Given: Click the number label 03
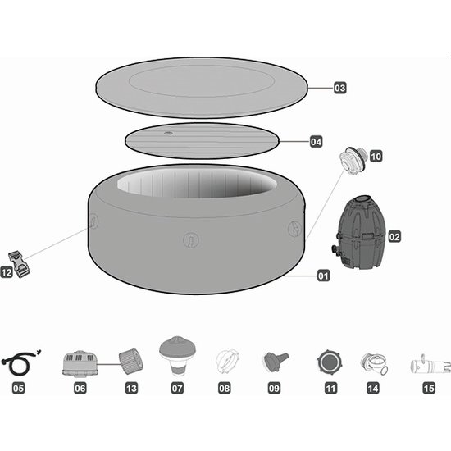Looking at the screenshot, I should click(340, 87).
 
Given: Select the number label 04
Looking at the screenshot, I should click(317, 142).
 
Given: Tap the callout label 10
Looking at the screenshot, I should click(376, 154).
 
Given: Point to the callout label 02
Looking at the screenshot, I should click(394, 237).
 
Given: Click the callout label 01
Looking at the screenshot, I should click(324, 276).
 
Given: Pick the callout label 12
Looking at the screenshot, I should click(7, 272).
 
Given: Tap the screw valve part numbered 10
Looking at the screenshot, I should click(355, 158).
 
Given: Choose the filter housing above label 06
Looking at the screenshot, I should click(81, 362).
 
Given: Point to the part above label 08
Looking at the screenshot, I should click(224, 361).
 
